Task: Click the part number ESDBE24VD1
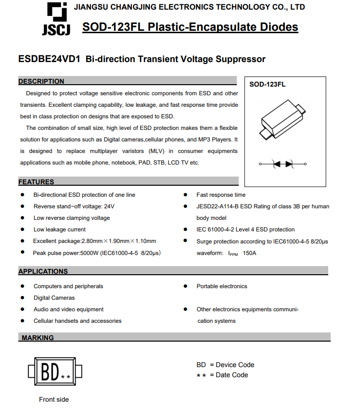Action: coord(49,59)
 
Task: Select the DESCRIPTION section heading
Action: coord(41,81)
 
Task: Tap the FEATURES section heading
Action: coord(37,182)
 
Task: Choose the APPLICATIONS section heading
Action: coord(43,271)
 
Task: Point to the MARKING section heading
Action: coord(38,338)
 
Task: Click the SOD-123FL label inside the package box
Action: coord(267,84)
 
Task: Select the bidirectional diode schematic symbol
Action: coord(283,164)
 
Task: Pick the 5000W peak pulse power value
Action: coord(90,253)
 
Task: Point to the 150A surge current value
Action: coord(249,253)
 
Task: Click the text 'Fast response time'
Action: coord(221,195)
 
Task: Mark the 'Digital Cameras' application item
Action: coord(54,298)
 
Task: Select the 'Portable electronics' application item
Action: coord(222,286)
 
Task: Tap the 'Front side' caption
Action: coord(54,399)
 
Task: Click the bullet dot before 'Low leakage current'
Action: coord(23,229)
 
